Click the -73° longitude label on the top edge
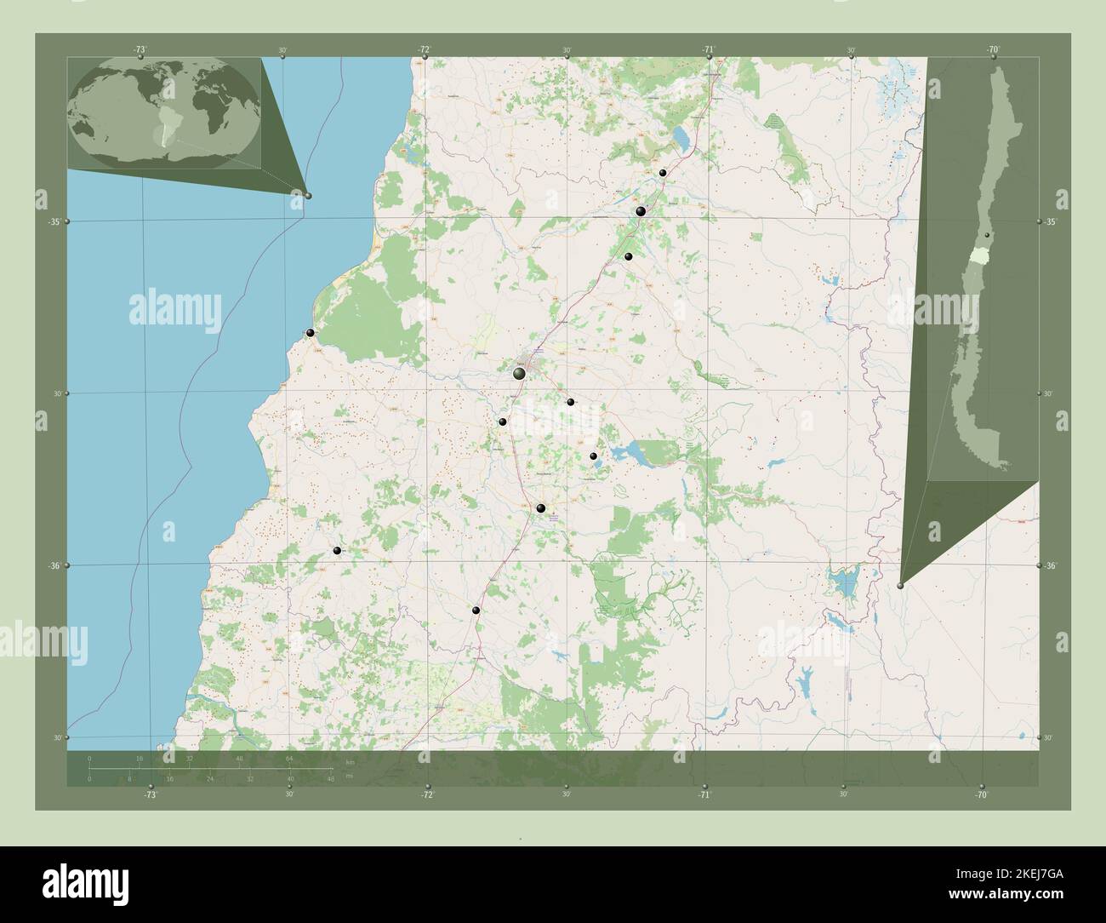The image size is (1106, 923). (x=140, y=49)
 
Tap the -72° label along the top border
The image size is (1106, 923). (x=424, y=49)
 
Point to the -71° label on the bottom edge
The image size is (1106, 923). (x=704, y=795)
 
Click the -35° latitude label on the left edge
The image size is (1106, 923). (x=53, y=221)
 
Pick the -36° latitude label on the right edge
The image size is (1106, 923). (x=1050, y=566)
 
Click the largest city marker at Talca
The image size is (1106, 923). (x=519, y=373)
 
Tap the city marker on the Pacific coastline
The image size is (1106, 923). (x=311, y=333)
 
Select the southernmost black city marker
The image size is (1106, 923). (x=476, y=611)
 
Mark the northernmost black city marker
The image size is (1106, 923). (x=663, y=173)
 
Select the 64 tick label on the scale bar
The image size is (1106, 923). (x=289, y=757)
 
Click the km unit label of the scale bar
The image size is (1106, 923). (x=349, y=763)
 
